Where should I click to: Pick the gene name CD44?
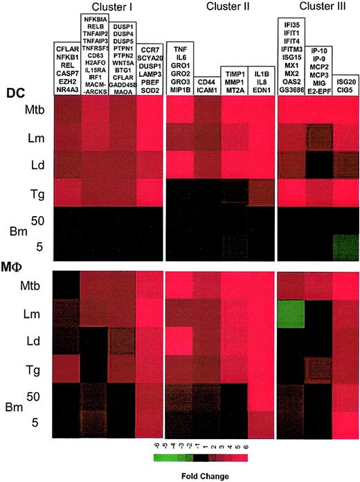pyautogui.click(x=208, y=82)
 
